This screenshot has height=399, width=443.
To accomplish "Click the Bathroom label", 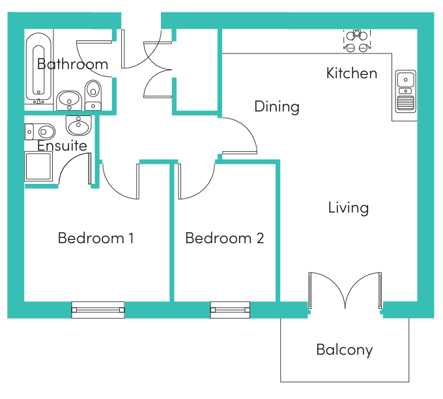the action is click(x=72, y=64).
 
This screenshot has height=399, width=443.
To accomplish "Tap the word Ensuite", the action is click(x=62, y=145).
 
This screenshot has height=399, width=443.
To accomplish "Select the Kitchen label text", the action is click(x=352, y=73).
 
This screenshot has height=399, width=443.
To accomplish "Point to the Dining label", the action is click(x=277, y=107).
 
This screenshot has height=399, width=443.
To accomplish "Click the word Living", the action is click(x=349, y=208).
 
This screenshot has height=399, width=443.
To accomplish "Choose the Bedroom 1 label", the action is click(x=96, y=238).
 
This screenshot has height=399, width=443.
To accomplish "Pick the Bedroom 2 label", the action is click(x=225, y=238).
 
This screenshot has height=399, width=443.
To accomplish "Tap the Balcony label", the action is click(x=345, y=350).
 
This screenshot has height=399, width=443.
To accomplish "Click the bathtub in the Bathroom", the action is click(x=38, y=68).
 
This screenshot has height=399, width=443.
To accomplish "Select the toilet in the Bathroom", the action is click(x=93, y=95).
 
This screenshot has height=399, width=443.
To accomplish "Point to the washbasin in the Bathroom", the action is click(x=69, y=100).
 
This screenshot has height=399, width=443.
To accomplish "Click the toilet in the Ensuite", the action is click(x=40, y=132).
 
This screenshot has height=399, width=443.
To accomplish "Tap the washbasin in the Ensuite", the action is click(x=79, y=125).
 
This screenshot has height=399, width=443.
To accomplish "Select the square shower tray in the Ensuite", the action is click(x=38, y=166).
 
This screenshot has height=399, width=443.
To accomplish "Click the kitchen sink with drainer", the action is click(x=405, y=91).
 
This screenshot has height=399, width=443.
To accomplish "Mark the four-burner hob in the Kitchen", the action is click(x=357, y=41).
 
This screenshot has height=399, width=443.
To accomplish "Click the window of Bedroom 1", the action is click(x=98, y=310).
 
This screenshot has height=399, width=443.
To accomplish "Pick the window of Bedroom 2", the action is click(x=230, y=310).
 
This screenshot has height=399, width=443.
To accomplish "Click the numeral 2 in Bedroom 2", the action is click(x=261, y=238).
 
